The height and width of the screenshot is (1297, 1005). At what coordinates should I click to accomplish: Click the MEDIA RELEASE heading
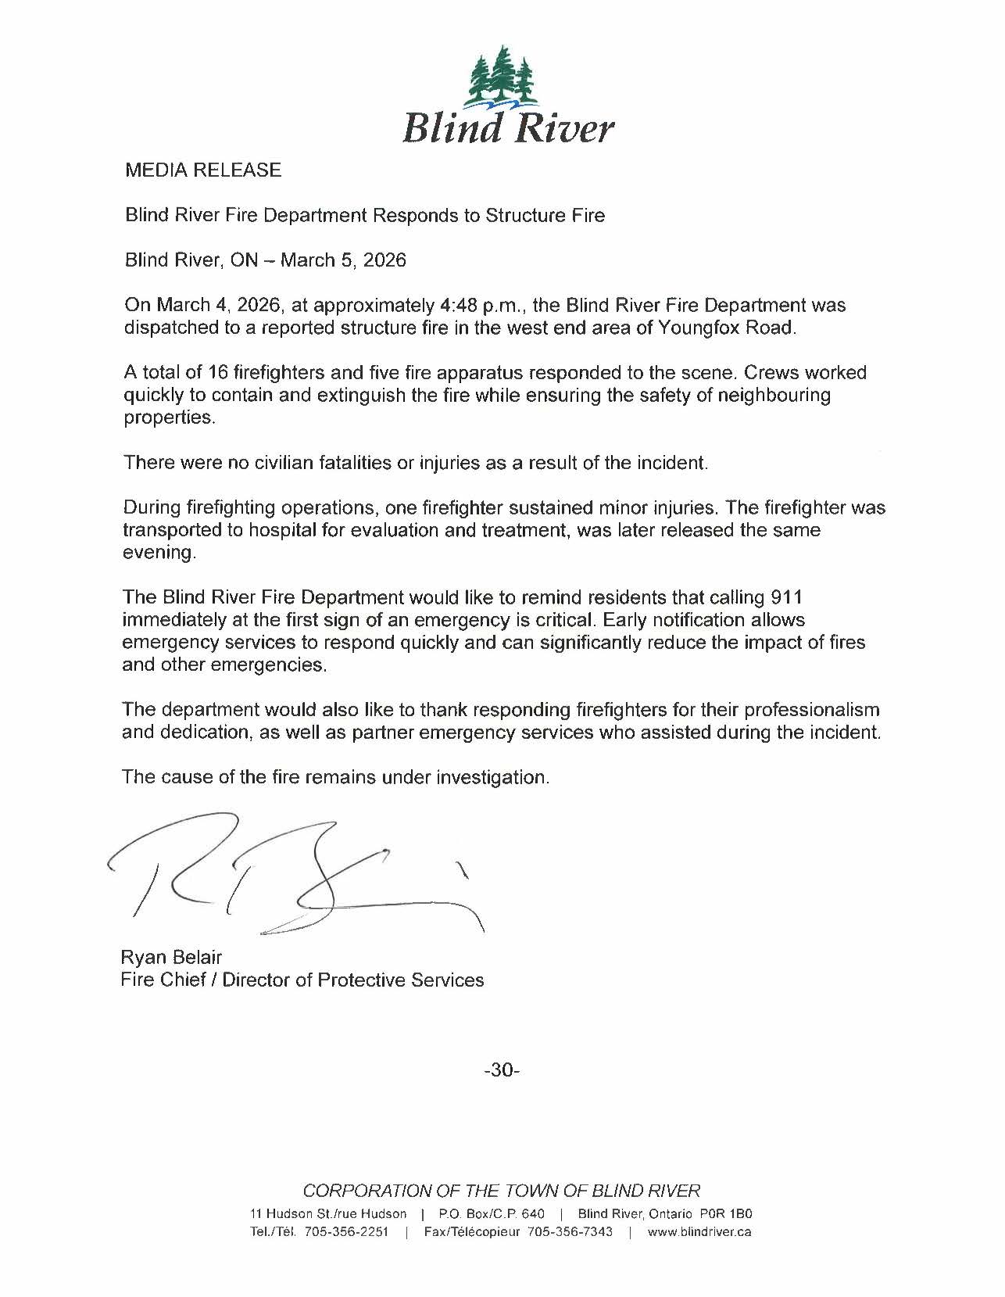pyautogui.click(x=203, y=170)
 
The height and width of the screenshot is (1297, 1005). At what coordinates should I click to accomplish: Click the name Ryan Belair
pyautogui.click(x=171, y=957)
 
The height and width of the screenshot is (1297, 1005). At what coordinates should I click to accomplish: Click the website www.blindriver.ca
pyautogui.click(x=700, y=1232)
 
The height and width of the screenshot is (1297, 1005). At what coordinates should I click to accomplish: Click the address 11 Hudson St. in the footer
pyautogui.click(x=291, y=1214)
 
